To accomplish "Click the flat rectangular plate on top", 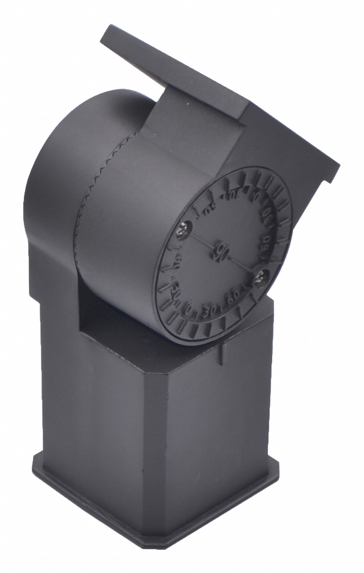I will tap(200, 74).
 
